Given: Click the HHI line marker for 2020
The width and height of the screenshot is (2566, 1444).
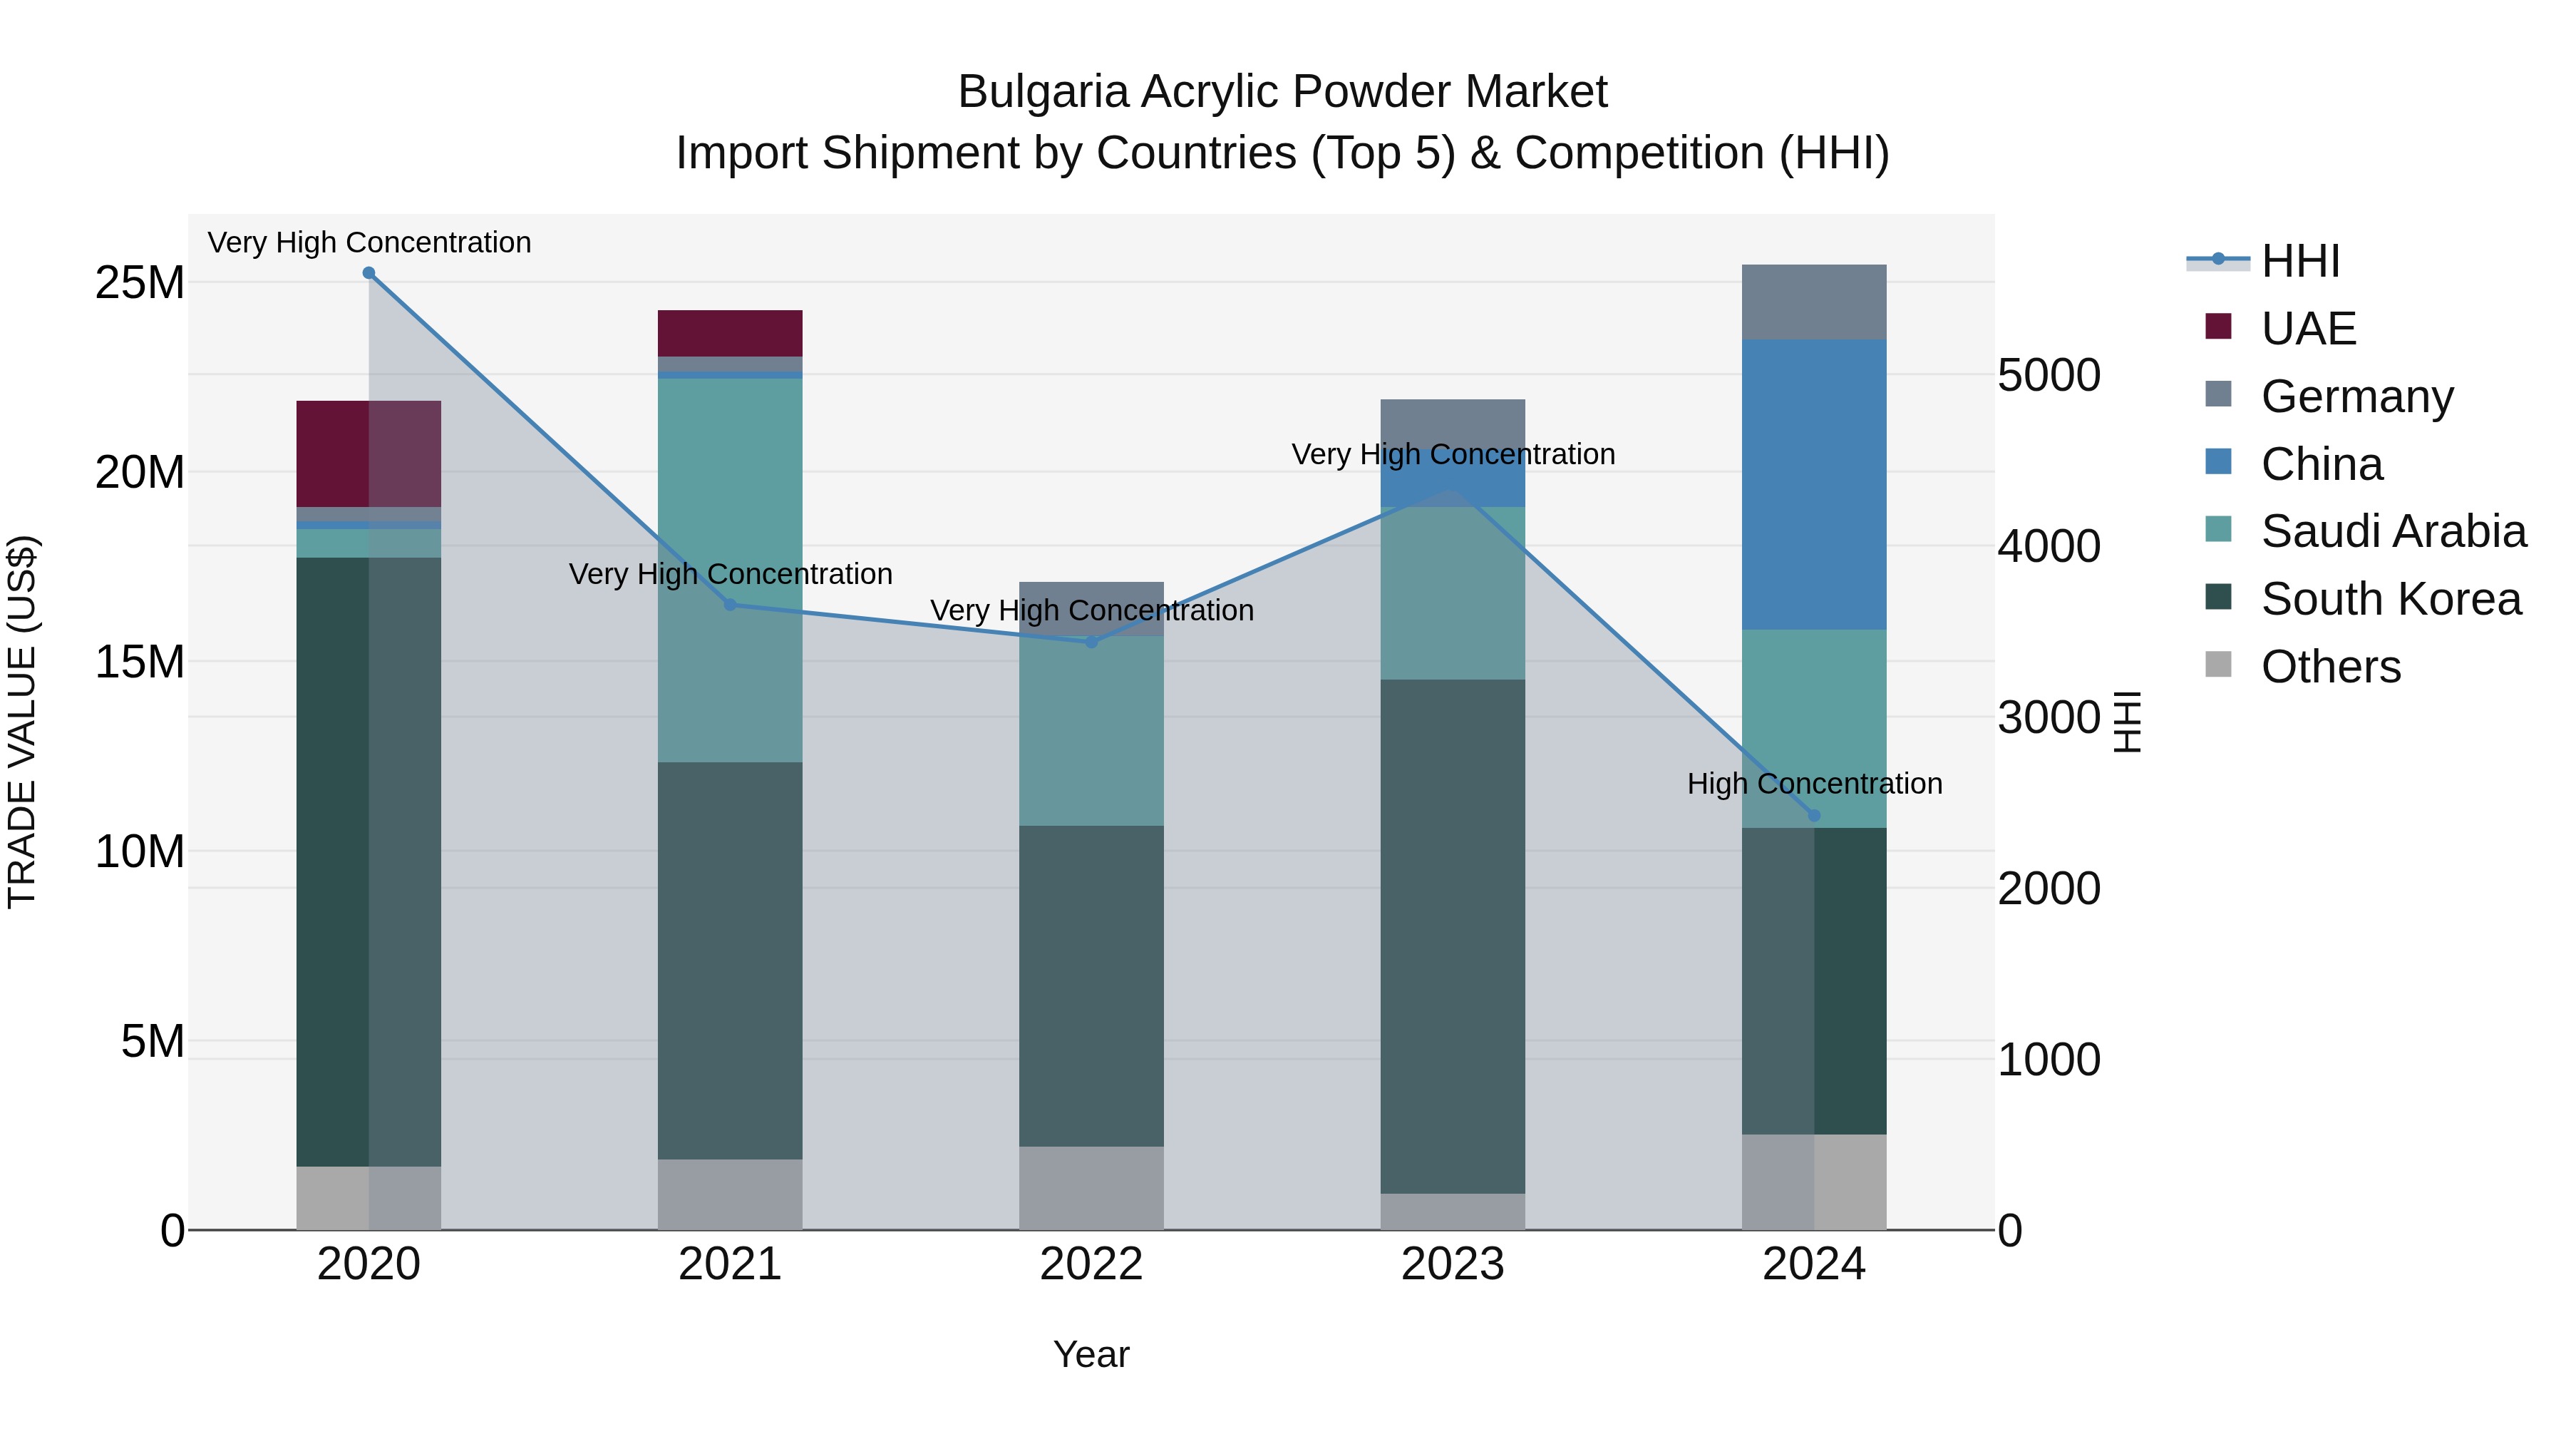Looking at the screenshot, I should click(369, 273).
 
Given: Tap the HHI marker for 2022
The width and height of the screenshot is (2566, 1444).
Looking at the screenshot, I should click(1091, 642).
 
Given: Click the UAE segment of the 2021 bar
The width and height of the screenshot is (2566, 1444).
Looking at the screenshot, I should click(730, 333).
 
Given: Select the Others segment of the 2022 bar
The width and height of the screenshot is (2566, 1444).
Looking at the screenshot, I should click(1091, 1188).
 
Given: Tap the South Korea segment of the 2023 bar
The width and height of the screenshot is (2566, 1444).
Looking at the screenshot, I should click(1453, 937).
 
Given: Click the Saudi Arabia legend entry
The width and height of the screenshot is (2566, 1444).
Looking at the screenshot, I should click(2393, 531).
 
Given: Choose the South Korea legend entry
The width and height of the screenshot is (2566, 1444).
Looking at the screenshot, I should click(2390, 599).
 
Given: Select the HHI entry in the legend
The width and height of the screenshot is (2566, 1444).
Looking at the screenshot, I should click(2299, 261).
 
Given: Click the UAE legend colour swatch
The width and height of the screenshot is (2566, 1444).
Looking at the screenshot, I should click(2218, 327).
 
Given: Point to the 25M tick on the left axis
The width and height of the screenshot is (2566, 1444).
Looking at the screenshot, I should click(140, 283).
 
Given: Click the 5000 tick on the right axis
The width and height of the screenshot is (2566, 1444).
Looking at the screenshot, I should click(2049, 376).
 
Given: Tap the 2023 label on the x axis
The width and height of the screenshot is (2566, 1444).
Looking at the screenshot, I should click(1453, 1264).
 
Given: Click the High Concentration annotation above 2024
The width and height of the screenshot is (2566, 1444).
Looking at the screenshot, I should click(1814, 783).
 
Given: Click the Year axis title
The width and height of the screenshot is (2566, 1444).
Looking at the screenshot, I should click(1091, 1354).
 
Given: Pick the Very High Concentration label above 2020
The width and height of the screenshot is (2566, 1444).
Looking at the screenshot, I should click(369, 242).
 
